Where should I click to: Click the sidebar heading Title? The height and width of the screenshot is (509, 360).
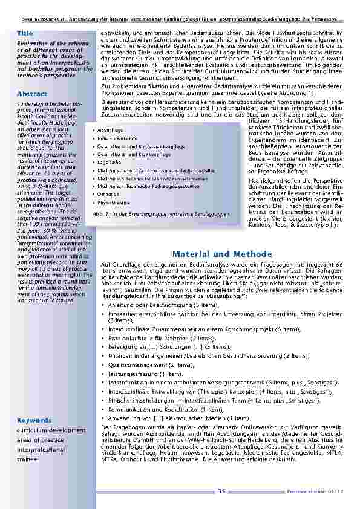click(25, 32)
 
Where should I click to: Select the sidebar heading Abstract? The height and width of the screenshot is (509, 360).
click(32, 94)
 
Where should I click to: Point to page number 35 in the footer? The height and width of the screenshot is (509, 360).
click(221, 491)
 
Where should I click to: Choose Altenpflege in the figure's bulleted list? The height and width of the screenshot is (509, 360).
click(110, 130)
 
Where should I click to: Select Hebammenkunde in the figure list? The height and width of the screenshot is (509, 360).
click(114, 138)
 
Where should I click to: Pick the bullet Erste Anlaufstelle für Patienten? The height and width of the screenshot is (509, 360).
click(163, 340)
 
